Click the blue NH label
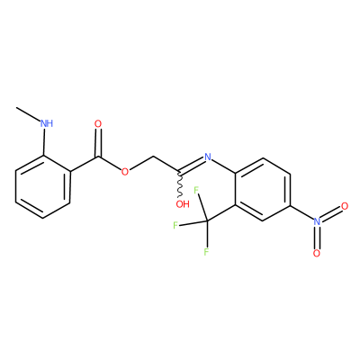(47, 123)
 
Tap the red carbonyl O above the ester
(98, 123)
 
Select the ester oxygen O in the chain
(125, 172)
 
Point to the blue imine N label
(208, 157)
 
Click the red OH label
(183, 204)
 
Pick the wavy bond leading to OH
(180, 185)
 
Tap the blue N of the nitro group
(317, 221)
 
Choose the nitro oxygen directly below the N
(317, 254)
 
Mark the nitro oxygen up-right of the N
(345, 206)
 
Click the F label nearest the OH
(197, 191)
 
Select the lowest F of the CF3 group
(206, 252)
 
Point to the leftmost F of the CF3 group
(175, 225)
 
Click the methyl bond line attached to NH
(29, 114)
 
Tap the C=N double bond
(192, 166)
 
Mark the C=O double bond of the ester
(98, 142)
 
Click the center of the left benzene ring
(43, 187)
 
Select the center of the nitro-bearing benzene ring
(262, 189)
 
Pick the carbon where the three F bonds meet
(207, 221)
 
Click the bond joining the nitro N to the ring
(301, 212)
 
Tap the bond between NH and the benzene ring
(44, 141)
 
